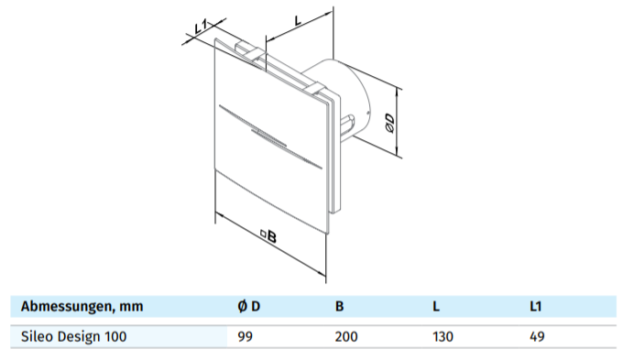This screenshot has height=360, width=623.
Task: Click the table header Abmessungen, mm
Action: pos(82,306)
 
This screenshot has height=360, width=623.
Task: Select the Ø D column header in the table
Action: pos(248,306)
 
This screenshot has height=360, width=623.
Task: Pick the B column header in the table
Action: pos(339,306)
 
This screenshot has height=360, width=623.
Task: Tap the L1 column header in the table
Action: pos(536,306)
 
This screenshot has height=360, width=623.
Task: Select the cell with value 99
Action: pos(245,336)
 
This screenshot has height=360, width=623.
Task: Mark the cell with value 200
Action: pos(346,336)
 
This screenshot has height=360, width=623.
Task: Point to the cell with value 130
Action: pos(443,336)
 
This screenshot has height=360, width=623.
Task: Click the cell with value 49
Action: pos(537,336)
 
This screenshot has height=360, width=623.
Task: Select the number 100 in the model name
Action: pos(115,336)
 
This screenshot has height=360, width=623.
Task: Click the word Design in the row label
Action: pos(79,336)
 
